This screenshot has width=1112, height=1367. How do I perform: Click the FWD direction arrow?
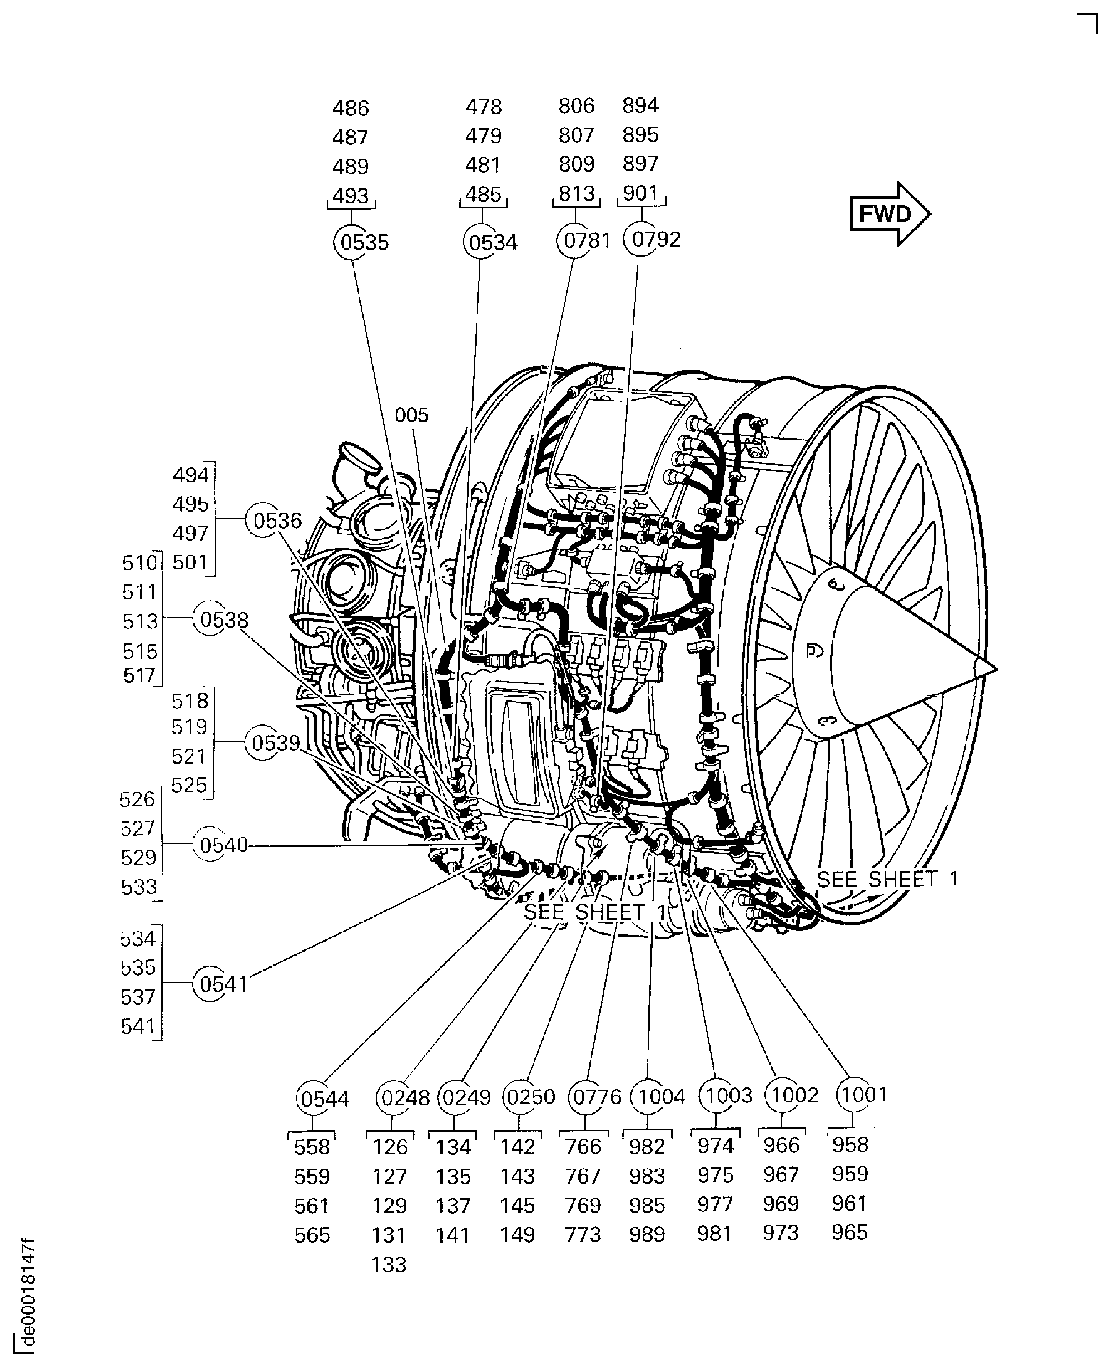coord(889,214)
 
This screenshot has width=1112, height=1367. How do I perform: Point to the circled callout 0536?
coord(264,520)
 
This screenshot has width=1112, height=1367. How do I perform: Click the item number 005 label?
coord(411,415)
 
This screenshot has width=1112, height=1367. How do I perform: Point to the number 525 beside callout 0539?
coord(190,785)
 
